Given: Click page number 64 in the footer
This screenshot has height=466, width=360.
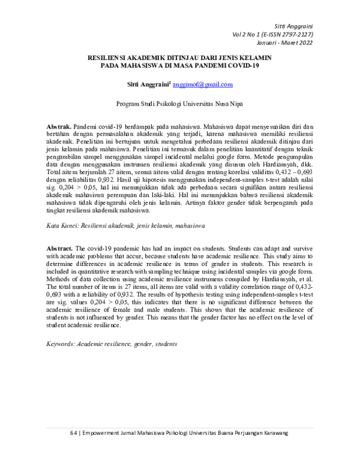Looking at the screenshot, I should (73, 433).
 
